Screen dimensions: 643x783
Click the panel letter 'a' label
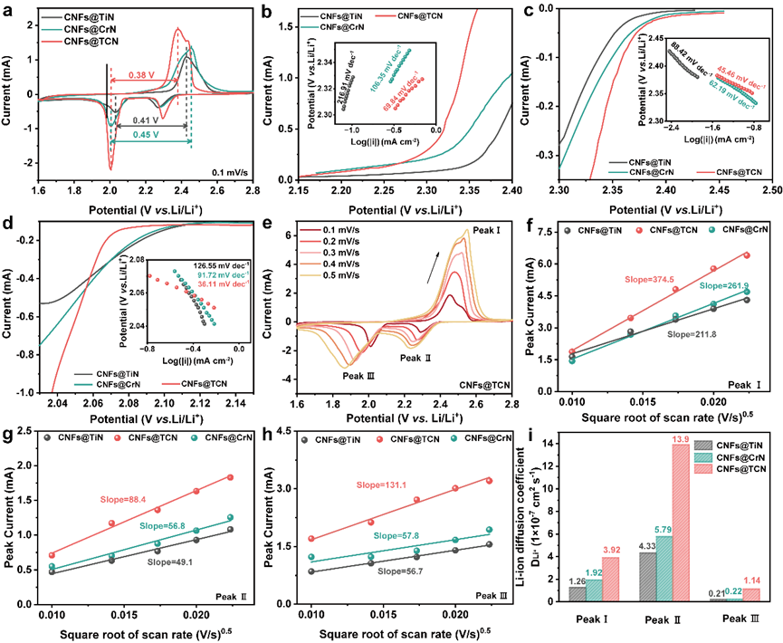9,9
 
